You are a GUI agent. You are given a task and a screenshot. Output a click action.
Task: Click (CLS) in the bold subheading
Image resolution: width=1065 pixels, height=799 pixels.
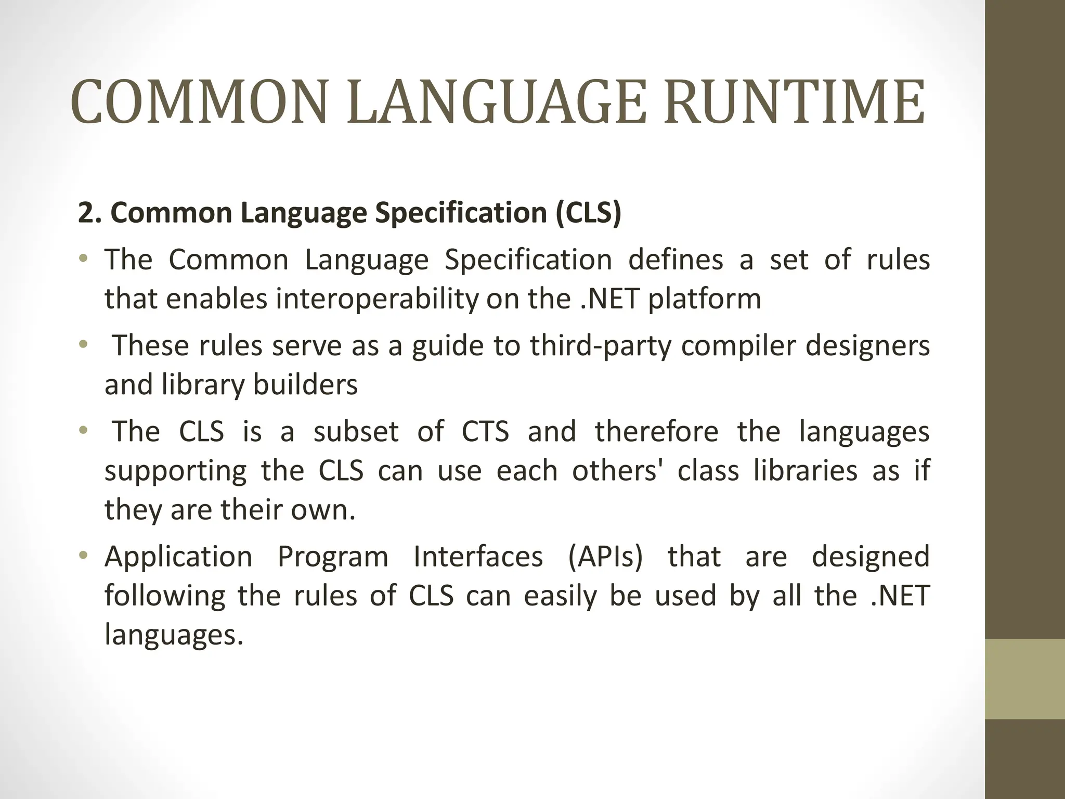(x=588, y=213)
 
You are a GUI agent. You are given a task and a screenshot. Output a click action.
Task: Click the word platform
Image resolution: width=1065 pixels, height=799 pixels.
(x=704, y=299)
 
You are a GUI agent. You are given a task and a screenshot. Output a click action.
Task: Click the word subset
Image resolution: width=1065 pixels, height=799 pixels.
(x=356, y=432)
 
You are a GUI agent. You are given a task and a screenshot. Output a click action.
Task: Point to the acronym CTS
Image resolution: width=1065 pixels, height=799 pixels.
(x=485, y=432)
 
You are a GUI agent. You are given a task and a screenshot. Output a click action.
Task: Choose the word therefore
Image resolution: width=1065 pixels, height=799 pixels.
(x=657, y=432)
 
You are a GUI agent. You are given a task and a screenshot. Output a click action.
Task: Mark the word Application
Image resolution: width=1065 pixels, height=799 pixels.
(x=178, y=557)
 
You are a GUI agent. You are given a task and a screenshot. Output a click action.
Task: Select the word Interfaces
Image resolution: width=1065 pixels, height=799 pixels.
(x=478, y=557)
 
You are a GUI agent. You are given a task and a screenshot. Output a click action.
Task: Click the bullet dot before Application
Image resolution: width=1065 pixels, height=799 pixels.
(x=83, y=556)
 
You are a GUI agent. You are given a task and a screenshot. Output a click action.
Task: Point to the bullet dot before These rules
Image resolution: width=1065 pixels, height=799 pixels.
(x=83, y=344)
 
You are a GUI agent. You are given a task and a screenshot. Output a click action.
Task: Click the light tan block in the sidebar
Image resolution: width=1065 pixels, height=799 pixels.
(x=1025, y=679)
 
